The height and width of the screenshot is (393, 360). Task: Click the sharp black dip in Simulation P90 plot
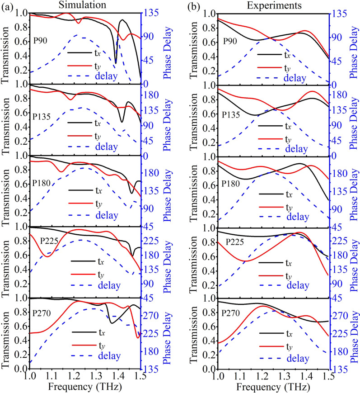[116, 62]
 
